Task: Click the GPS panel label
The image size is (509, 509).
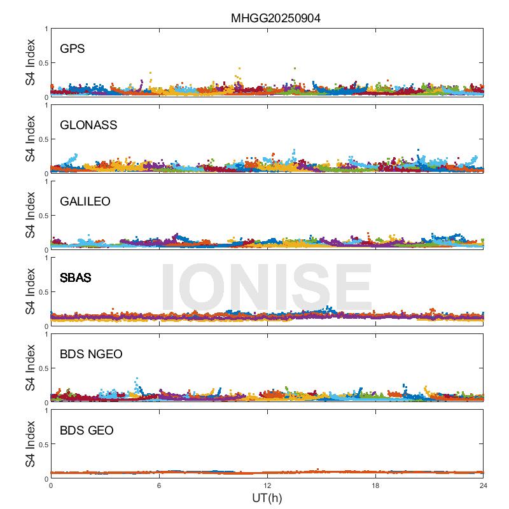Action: point(72,49)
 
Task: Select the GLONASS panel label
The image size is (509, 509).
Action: point(88,125)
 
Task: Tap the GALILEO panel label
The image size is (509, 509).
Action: point(85,202)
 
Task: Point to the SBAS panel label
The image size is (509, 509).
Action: point(75,278)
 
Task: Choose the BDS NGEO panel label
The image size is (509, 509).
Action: point(92,354)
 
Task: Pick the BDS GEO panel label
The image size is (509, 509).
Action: point(87,431)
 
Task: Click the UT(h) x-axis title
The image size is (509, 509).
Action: point(267,498)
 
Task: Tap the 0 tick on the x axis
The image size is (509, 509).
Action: point(51,485)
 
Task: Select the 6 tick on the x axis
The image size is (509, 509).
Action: point(159,485)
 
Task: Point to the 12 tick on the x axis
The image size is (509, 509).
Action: point(267,485)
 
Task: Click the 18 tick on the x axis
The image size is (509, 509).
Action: point(375,485)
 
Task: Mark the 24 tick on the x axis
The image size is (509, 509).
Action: point(483,485)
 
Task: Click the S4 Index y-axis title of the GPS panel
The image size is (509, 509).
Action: point(31,63)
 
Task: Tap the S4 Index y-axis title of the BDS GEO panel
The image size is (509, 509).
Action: point(31,445)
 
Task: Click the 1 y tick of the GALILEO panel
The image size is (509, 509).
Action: point(46,182)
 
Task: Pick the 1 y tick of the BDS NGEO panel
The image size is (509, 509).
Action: point(46,335)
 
